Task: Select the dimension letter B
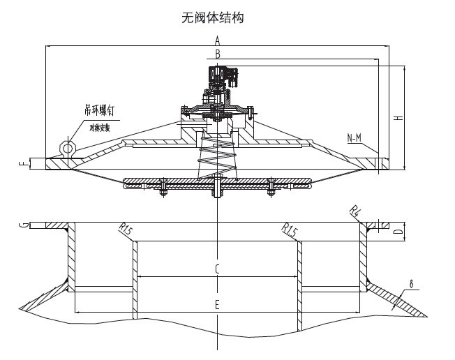coord(218,53)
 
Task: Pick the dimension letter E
coord(217,305)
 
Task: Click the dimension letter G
coord(24,225)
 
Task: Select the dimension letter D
coord(396,230)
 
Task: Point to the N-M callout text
coord(355,137)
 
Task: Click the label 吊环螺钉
coord(98,110)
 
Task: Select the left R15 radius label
coord(125,229)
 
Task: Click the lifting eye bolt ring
coord(68,147)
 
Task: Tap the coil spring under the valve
coord(217,158)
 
